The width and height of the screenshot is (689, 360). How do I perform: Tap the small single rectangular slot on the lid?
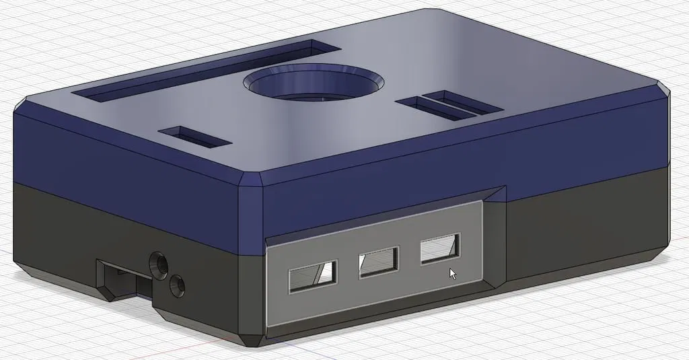coord(195,137)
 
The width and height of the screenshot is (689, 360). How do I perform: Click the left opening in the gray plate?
coord(313,276)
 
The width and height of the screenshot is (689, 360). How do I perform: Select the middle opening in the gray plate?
coord(379,262)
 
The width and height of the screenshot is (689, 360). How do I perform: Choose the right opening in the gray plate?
coord(440,248)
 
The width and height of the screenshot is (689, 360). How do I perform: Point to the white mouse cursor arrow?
coord(453,273)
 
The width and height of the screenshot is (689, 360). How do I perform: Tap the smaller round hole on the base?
coord(178,286)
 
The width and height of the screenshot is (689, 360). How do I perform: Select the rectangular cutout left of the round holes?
coord(121,279)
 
